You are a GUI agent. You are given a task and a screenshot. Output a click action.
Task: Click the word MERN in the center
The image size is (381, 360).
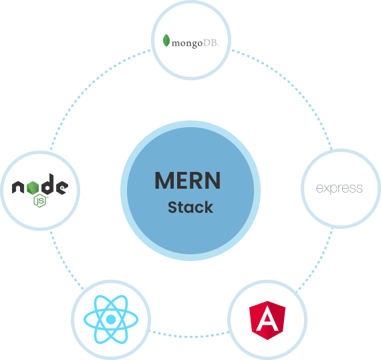188,181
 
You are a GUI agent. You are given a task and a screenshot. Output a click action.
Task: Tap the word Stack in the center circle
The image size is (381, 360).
190,207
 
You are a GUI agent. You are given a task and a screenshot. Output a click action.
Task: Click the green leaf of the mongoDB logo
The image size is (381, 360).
166,41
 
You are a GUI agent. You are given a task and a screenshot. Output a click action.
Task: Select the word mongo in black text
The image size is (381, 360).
187,43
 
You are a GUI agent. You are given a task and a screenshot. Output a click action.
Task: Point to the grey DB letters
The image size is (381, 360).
211,43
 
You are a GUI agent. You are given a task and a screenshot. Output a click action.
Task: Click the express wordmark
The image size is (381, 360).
339,189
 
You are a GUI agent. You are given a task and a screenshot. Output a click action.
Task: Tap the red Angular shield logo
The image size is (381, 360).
267,320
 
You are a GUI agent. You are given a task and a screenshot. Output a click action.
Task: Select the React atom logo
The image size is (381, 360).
111,319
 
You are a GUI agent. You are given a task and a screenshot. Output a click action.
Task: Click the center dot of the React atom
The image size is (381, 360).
111,319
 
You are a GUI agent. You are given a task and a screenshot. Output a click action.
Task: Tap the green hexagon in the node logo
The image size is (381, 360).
33,188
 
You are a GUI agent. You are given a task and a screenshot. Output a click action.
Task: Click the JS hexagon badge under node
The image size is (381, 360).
40,201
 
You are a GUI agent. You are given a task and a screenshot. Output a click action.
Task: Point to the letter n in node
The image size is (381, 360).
18,187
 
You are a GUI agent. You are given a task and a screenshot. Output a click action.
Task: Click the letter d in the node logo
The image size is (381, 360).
47,184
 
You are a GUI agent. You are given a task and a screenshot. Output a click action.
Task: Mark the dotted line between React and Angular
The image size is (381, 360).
189,337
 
